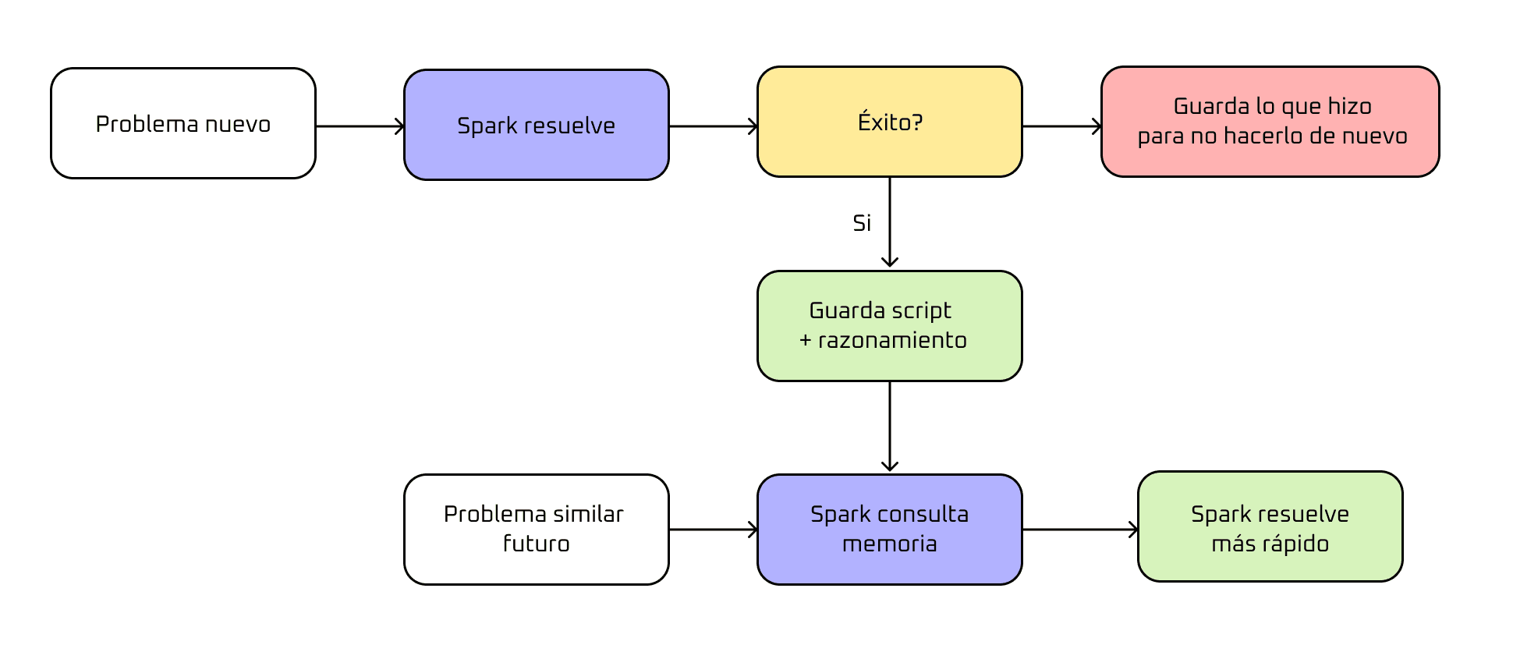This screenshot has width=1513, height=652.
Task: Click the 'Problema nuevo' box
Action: (183, 123)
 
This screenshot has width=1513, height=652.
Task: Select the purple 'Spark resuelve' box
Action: (536, 125)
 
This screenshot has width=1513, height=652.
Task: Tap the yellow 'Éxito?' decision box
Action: (889, 122)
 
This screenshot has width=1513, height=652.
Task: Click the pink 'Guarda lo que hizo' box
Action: (1270, 122)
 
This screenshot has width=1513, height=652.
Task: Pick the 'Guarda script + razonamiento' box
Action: (889, 326)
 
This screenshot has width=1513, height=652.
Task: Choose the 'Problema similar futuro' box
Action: (536, 529)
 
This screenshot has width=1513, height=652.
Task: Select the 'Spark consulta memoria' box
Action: (889, 529)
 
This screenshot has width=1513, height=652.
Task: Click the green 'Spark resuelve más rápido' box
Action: (1270, 526)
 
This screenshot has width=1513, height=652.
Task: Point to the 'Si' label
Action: (862, 223)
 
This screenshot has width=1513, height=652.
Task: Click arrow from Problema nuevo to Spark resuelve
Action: (360, 126)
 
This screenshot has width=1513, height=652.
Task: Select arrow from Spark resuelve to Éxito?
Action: (713, 126)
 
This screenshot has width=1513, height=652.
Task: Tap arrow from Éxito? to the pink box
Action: (1061, 126)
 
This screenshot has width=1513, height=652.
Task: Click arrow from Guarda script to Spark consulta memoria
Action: (890, 427)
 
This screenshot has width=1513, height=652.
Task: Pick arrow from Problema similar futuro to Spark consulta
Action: (713, 530)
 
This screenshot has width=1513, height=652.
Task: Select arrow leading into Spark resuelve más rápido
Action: (1079, 530)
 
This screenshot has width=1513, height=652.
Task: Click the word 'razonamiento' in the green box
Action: (892, 341)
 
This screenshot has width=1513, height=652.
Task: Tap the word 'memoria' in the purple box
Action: (889, 544)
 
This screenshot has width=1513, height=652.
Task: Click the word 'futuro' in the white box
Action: (536, 544)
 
